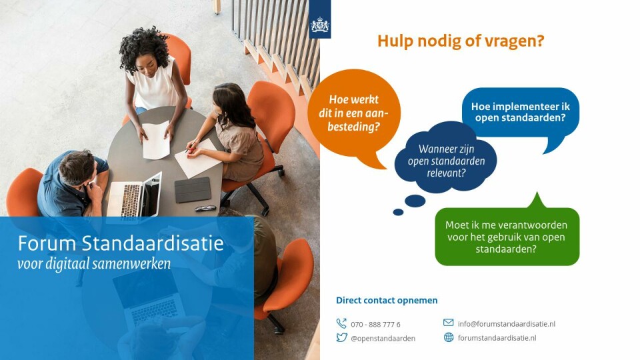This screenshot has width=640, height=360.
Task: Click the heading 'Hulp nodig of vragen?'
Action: click(x=461, y=41)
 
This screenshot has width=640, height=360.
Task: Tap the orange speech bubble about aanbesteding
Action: click(x=353, y=114)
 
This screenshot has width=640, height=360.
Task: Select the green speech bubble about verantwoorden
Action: click(x=507, y=235)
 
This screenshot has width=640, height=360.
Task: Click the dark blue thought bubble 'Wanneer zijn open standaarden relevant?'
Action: click(x=446, y=160)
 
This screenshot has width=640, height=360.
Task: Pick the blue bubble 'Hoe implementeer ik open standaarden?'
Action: click(x=521, y=113)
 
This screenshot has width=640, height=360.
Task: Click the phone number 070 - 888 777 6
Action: click(x=375, y=325)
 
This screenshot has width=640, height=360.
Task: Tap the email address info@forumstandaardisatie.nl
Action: click(x=507, y=324)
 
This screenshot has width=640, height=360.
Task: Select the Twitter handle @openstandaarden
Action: click(x=383, y=339)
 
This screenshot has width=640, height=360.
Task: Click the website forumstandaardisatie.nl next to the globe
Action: click(x=497, y=338)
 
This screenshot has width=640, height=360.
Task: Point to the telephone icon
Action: click(x=341, y=323)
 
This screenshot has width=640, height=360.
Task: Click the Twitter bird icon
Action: click(x=341, y=337)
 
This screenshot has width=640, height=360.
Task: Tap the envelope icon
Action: click(x=448, y=323)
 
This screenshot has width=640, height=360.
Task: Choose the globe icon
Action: click(x=449, y=337)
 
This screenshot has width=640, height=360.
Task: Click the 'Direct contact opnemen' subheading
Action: click(x=387, y=301)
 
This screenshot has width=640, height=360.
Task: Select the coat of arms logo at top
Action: click(x=320, y=25)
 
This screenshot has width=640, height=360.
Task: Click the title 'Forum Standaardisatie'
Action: click(x=121, y=243)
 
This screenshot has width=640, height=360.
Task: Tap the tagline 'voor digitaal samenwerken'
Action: click(x=94, y=264)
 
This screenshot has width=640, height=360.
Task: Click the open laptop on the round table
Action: click(x=134, y=195)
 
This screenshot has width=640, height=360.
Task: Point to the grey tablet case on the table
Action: click(x=193, y=190)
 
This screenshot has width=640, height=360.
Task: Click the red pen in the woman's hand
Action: click(x=190, y=148)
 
